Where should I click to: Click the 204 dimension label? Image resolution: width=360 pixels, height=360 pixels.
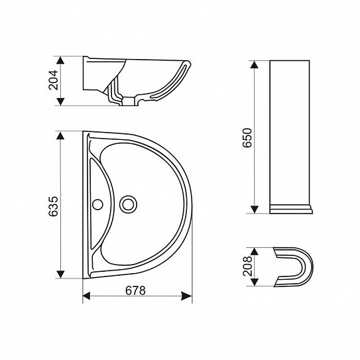54,80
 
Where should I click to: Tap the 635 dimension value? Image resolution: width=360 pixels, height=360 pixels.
54,206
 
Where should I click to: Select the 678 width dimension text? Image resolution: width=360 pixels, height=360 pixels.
135,290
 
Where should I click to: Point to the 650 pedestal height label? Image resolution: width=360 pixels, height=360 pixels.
247,137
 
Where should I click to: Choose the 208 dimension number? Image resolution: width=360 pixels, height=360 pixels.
247,267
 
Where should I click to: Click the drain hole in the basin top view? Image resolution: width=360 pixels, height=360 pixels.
128,204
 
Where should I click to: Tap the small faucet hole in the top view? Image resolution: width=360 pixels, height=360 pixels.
97,204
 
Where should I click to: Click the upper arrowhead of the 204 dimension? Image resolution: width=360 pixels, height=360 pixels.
60,60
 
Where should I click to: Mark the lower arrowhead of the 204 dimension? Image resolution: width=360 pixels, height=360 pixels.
60,101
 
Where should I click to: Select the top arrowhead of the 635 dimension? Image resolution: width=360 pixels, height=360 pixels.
60,135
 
